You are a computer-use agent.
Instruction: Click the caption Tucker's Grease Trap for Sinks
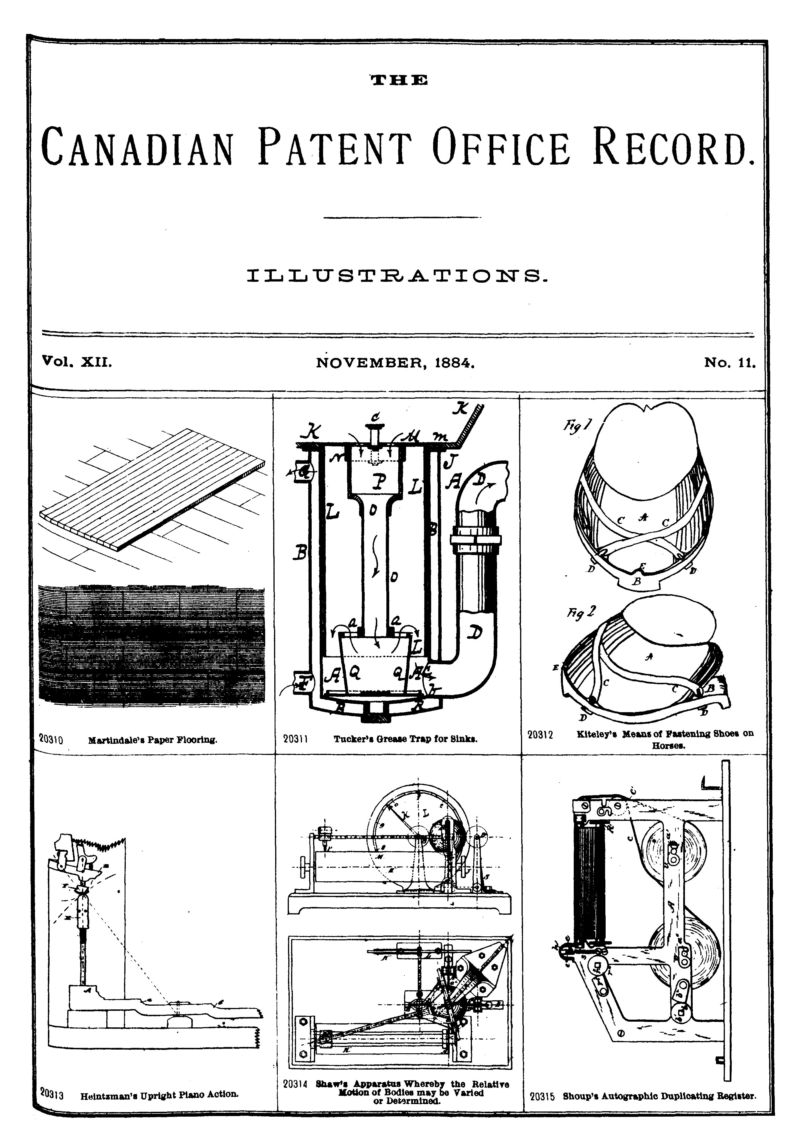[405, 739]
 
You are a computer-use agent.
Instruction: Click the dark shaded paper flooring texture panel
[151, 645]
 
